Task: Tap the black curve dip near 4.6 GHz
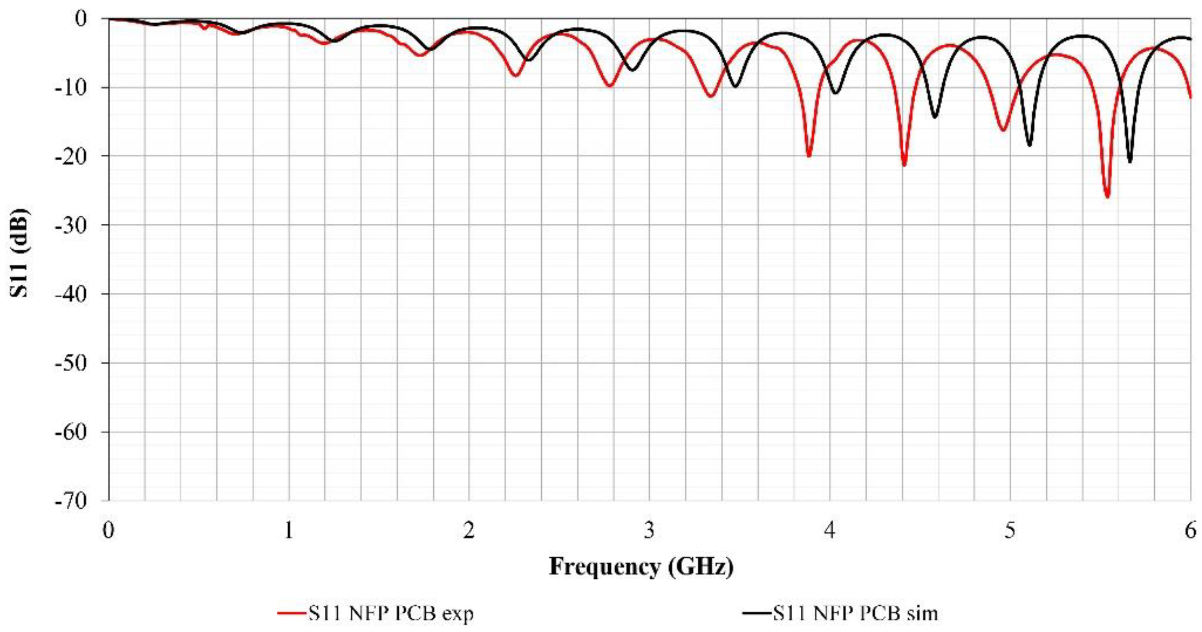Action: point(935,117)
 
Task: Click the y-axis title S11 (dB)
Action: point(20,252)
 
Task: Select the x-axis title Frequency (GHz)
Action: point(641,567)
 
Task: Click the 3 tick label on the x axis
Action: point(650,531)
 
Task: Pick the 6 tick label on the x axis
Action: point(1190,531)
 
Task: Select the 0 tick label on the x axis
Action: point(109,531)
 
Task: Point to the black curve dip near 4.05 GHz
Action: point(835,93)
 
